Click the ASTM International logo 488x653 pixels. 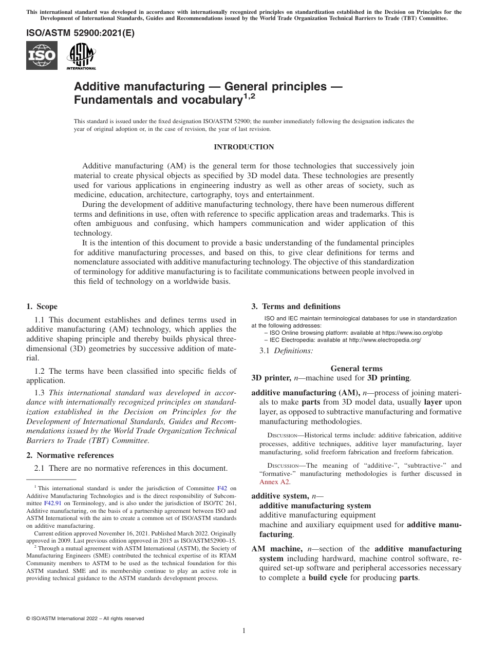point(81,56)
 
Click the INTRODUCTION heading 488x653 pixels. point(243,147)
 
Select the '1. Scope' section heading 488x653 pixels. point(42,306)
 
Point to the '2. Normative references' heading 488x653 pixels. point(70,455)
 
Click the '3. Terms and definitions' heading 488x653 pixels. point(295,306)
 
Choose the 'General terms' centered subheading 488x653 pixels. point(356,368)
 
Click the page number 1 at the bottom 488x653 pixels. point(244,631)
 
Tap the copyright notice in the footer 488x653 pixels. point(85,619)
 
